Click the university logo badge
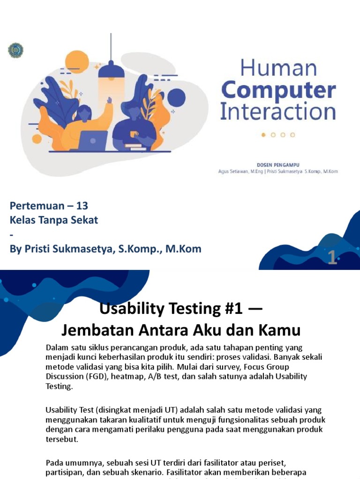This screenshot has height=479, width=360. pos(16,51)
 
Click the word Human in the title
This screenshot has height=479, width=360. pos(278,69)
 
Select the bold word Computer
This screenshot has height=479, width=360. pos(278,90)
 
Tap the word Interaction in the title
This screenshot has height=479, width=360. pos(278,112)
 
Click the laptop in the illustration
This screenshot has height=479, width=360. pos(93,140)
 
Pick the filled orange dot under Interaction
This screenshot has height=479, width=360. pos(263,135)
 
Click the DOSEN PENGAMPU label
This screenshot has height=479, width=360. pos(278,165)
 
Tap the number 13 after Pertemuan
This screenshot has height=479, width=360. pos(82,206)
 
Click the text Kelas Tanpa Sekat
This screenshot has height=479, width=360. pos(54,220)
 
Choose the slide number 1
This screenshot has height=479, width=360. pos(332,258)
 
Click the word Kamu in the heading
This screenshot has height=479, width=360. pos(279,330)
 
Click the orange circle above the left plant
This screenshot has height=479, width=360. pos(77,62)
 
